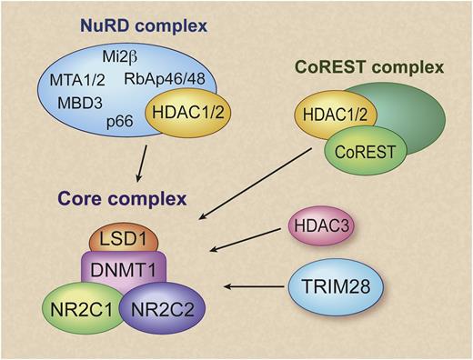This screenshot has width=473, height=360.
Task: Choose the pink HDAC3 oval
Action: pyautogui.click(x=320, y=224)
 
